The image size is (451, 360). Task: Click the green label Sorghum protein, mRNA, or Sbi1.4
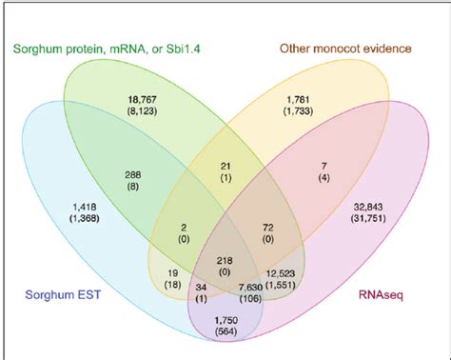[107, 50]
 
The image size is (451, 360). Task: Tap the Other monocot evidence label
[345, 49]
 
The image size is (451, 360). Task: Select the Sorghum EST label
[63, 294]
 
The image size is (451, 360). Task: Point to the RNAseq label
[381, 295]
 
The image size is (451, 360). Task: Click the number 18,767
[142, 100]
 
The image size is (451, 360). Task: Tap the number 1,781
[298, 100]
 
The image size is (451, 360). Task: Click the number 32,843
[368, 207]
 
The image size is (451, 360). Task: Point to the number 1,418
[85, 207]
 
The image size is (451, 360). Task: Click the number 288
[132, 174]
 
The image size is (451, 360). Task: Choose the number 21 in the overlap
[225, 166]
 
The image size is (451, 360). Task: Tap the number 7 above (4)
[324, 166]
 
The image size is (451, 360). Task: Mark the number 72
[268, 228]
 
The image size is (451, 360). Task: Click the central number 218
[225, 261]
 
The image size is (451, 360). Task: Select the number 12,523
[281, 273]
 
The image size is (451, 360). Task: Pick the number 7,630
[250, 288]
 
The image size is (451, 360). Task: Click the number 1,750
[226, 320]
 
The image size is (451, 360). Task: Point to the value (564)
[226, 331]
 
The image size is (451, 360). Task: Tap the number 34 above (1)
[201, 288]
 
